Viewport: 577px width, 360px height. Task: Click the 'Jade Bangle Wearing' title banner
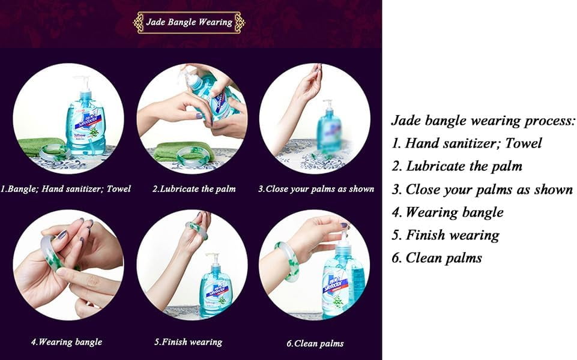pyautogui.click(x=189, y=22)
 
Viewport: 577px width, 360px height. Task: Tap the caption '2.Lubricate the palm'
pyautogui.click(x=194, y=189)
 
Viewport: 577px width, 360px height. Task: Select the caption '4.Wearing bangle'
pyautogui.click(x=67, y=342)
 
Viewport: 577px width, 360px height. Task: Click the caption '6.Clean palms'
pyautogui.click(x=315, y=343)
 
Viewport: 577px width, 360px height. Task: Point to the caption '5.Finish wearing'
pyautogui.click(x=189, y=342)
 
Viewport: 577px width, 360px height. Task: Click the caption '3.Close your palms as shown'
pyautogui.click(x=316, y=189)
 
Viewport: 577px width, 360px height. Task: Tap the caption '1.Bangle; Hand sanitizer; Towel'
pyautogui.click(x=65, y=189)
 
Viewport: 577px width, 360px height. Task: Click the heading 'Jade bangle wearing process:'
pyautogui.click(x=483, y=121)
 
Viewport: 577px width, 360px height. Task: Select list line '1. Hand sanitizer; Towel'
pyautogui.click(x=467, y=143)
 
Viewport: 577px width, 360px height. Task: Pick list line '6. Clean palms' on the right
pyautogui.click(x=437, y=258)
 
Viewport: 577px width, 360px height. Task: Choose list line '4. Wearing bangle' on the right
pyautogui.click(x=447, y=212)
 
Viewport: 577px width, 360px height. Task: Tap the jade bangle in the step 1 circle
pyautogui.click(x=54, y=152)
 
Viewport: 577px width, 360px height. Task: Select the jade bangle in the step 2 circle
pyautogui.click(x=192, y=155)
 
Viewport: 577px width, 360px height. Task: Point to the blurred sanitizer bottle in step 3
pyautogui.click(x=329, y=126)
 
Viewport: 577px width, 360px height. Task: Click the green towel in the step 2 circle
pyautogui.click(x=182, y=151)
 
